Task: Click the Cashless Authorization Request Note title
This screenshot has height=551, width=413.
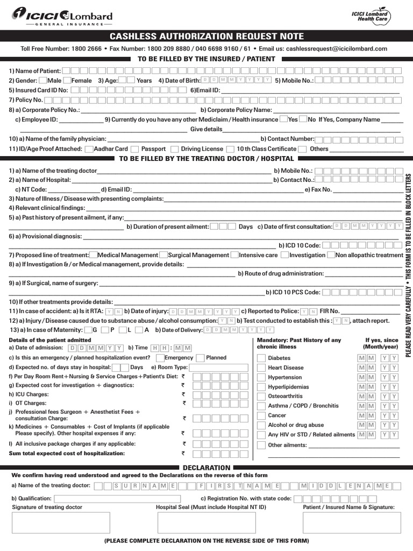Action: [x=206, y=37]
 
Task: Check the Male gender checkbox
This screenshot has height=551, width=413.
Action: [x=42, y=81]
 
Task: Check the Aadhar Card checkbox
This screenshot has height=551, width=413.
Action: [x=89, y=149]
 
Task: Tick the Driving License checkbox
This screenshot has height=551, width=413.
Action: [x=175, y=149]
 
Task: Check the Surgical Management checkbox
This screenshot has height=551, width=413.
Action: [x=163, y=255]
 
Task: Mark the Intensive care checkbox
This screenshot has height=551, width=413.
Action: [x=234, y=255]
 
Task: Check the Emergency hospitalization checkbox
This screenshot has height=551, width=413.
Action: [x=160, y=358]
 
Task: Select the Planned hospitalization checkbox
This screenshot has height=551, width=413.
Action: [x=201, y=358]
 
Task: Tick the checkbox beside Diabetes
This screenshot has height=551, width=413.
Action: [x=261, y=358]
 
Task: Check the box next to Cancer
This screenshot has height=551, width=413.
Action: [x=261, y=416]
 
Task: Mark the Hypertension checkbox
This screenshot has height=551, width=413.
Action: [x=261, y=378]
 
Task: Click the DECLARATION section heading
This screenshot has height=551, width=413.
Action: [x=206, y=468]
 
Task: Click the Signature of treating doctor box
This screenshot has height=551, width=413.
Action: [x=61, y=522]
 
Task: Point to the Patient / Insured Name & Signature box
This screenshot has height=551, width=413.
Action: [x=348, y=522]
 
